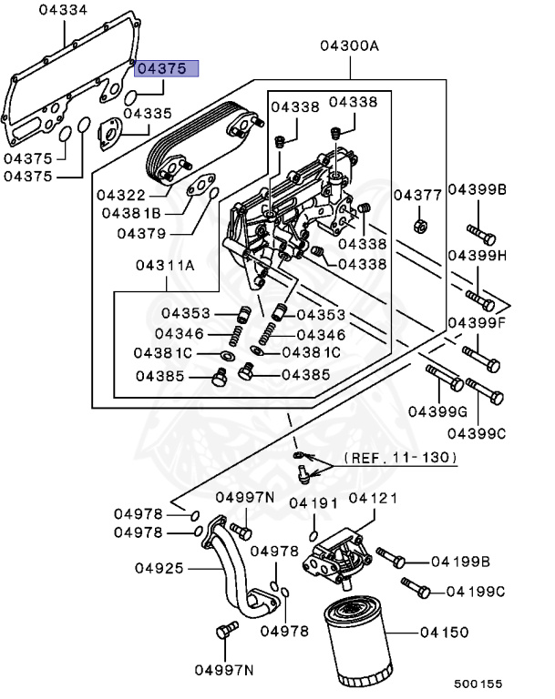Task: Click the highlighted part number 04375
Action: [162, 68]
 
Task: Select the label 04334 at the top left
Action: [64, 10]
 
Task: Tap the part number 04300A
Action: [348, 46]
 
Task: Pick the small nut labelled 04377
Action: [421, 223]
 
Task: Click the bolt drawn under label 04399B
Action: [480, 234]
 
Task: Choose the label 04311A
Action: [165, 266]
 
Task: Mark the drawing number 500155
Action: [479, 683]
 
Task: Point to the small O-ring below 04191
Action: [313, 534]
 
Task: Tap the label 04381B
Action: [131, 212]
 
